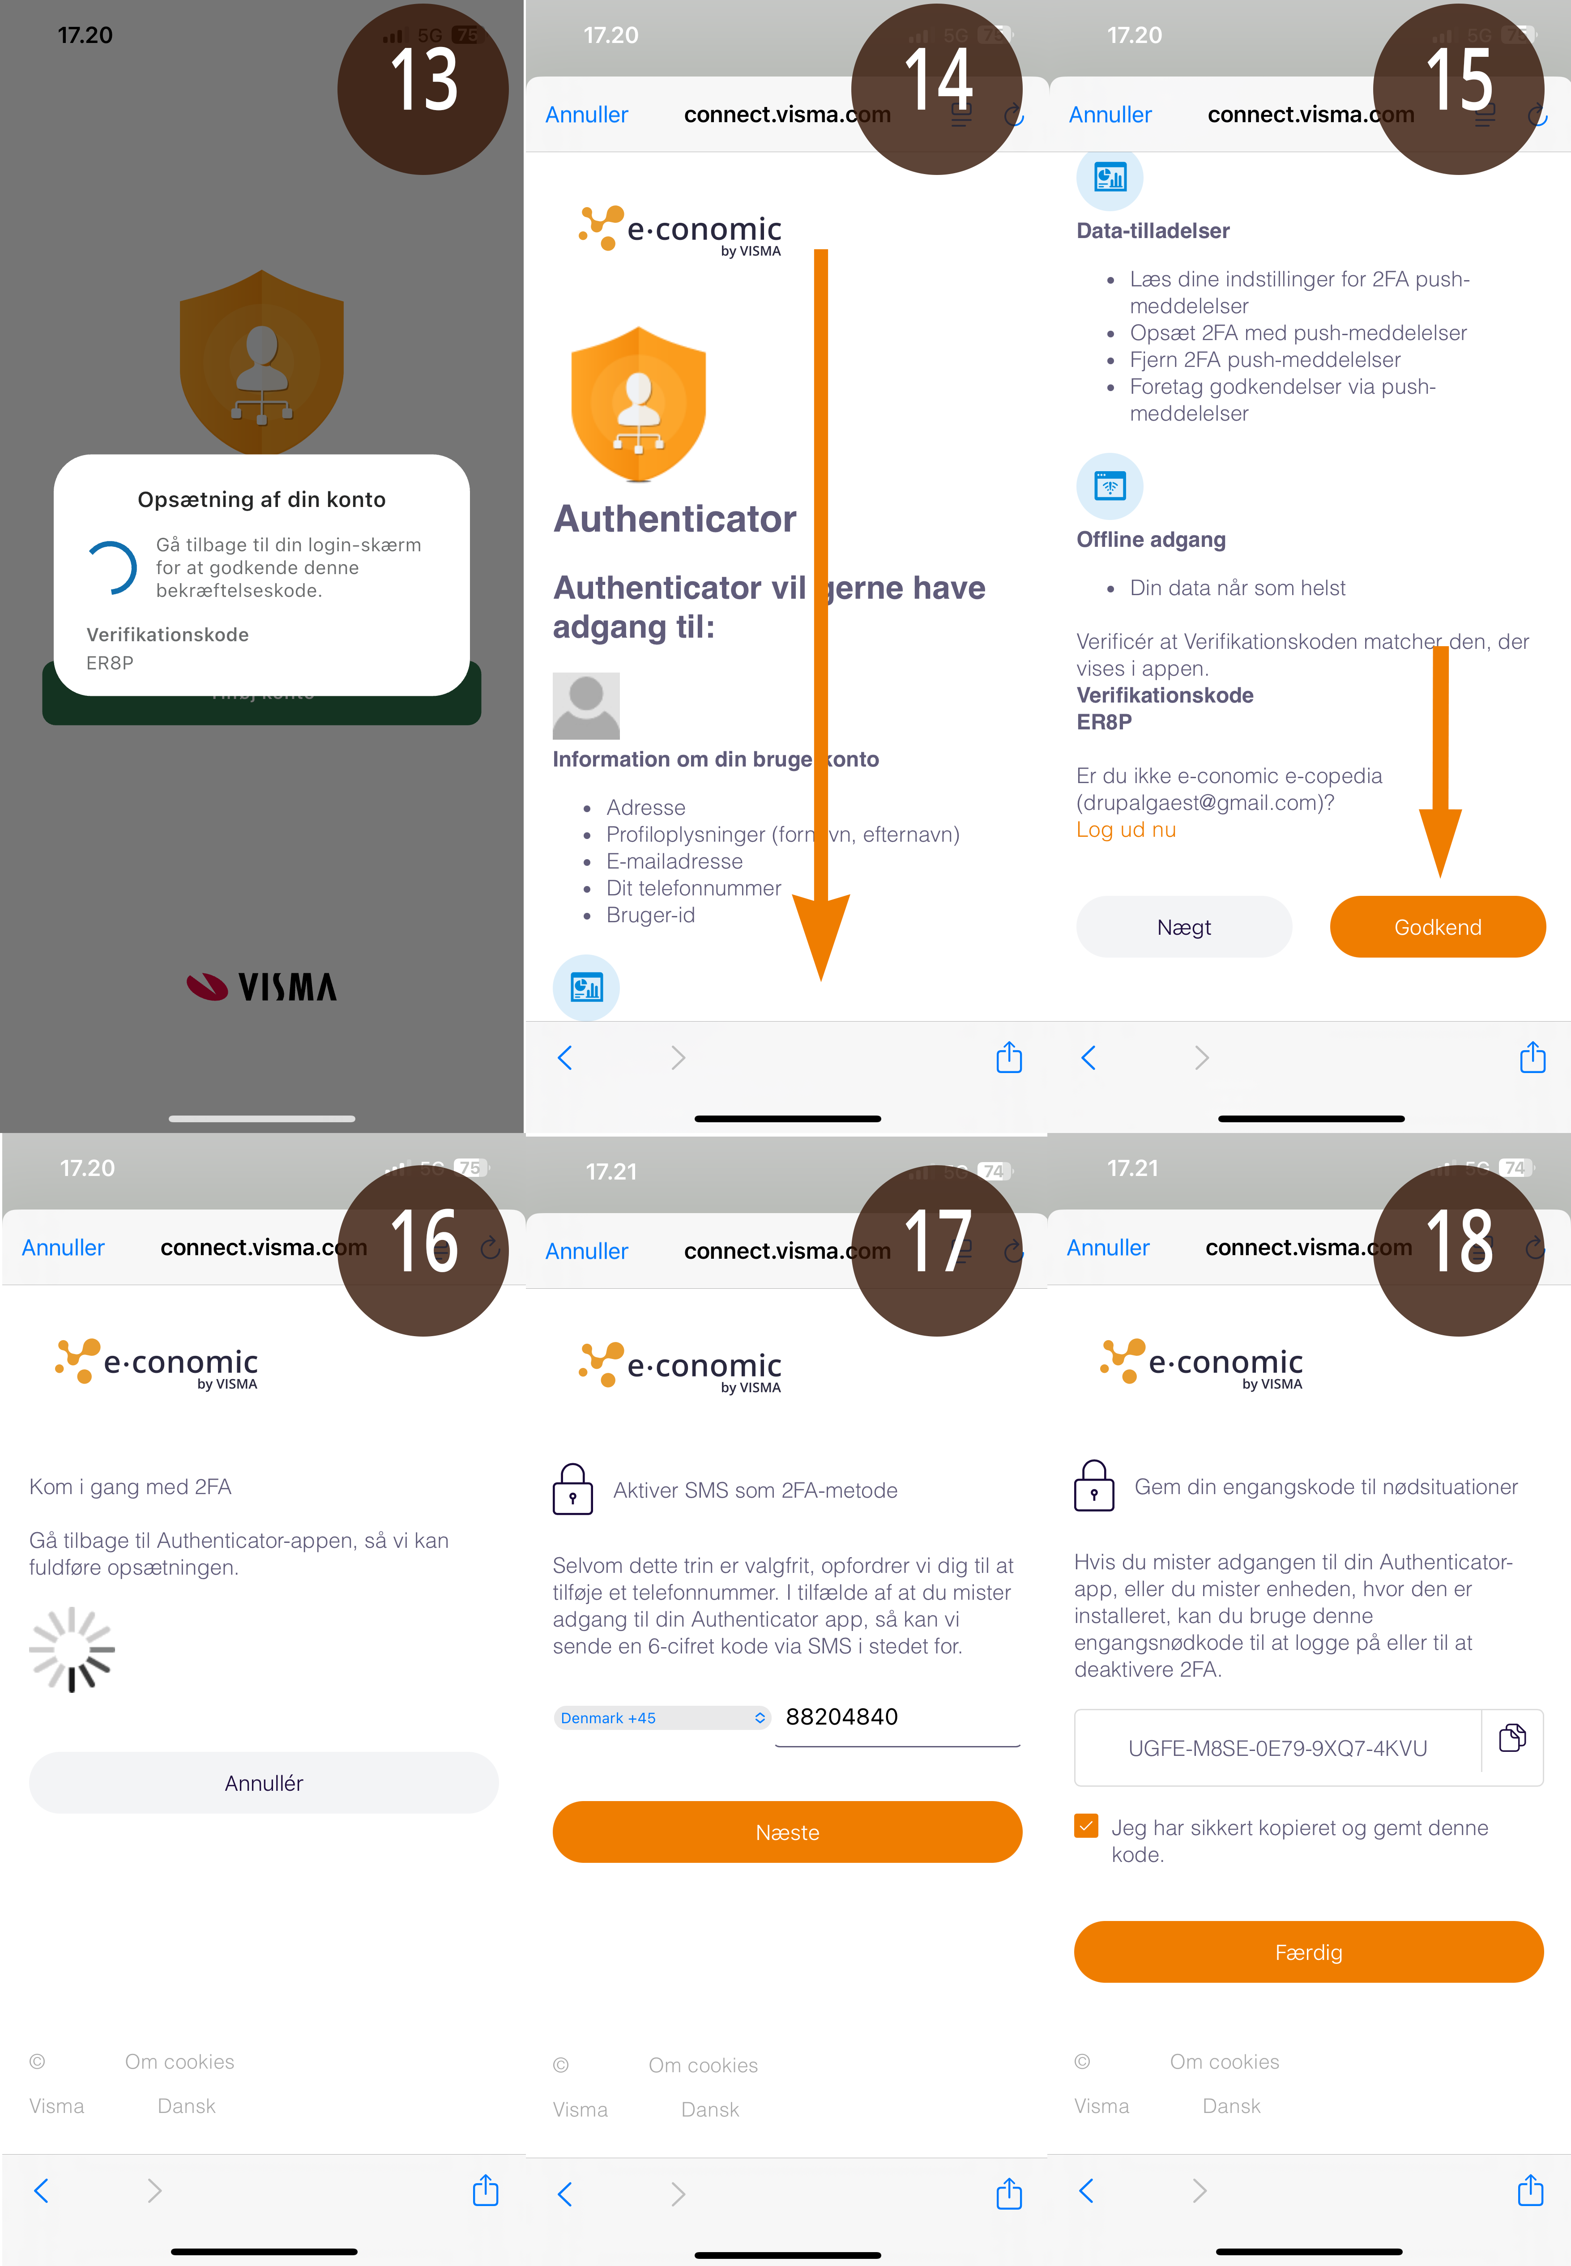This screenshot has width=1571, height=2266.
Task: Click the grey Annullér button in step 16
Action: (x=264, y=1783)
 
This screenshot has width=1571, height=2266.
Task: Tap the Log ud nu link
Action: (x=1125, y=830)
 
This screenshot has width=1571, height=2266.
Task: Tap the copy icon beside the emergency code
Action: (x=1512, y=1738)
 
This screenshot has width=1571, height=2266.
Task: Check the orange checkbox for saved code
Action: (x=1086, y=1826)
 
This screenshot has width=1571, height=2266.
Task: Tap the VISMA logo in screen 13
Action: (x=262, y=986)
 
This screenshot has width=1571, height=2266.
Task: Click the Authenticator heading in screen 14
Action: (x=674, y=519)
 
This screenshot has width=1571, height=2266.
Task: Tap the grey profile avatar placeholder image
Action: (x=586, y=706)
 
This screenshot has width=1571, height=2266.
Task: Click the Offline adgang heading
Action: (x=1151, y=539)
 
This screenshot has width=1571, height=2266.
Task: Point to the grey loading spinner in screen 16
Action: (x=72, y=1649)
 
